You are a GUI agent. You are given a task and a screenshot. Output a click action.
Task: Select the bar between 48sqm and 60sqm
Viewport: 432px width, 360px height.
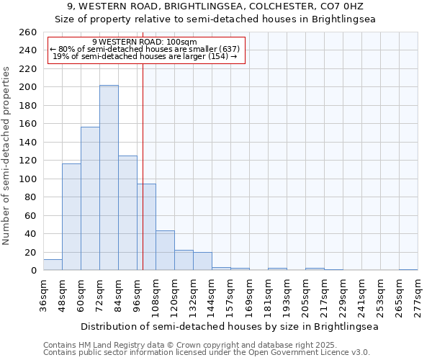71,217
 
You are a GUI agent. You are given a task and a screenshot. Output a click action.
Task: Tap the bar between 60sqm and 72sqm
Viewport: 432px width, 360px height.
90,199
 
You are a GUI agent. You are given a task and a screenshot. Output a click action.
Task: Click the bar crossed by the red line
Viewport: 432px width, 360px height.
146,227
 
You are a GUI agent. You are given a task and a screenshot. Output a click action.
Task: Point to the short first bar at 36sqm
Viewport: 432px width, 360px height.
53,265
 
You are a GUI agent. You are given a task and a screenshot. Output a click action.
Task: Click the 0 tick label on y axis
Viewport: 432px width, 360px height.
33,271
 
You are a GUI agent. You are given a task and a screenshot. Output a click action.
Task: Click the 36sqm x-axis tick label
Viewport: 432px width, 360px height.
44,296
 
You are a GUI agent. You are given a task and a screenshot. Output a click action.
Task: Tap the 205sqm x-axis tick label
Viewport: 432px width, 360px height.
306,297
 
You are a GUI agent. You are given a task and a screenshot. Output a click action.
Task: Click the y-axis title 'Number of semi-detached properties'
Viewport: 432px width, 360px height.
7,156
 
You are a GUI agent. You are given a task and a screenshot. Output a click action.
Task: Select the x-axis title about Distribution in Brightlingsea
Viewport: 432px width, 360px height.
230,326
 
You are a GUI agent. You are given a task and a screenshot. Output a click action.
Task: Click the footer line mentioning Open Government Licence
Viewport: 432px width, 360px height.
207,352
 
